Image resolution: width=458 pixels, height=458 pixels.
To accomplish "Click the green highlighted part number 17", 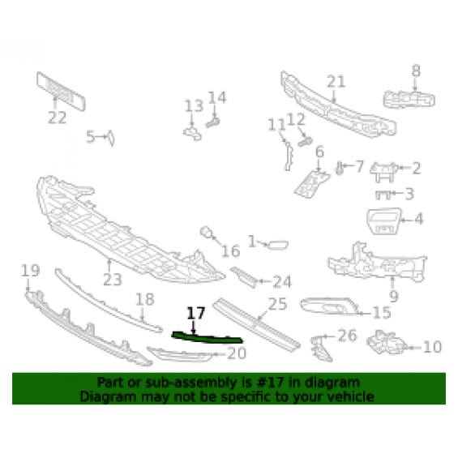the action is click(x=207, y=338).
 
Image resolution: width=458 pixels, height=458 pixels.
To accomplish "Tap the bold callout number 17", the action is click(x=195, y=314).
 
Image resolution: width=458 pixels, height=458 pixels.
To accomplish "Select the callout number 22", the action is click(x=57, y=118).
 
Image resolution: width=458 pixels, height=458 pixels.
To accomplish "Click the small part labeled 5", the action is click(x=111, y=138).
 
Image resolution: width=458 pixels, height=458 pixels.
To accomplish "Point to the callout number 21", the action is click(x=336, y=82).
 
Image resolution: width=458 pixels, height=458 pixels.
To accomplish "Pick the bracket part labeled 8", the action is click(x=409, y=100).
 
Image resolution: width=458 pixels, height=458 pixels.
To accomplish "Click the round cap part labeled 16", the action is click(x=207, y=232).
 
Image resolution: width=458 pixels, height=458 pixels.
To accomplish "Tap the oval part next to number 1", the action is click(x=278, y=245).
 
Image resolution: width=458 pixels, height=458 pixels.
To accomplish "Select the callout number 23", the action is click(x=112, y=280).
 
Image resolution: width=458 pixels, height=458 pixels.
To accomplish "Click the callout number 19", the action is click(x=30, y=270).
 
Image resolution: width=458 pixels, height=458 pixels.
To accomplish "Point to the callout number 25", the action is click(x=277, y=304).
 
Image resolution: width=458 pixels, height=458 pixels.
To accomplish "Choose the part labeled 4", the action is click(x=383, y=221).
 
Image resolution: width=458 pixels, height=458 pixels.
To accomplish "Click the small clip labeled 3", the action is click(x=383, y=195).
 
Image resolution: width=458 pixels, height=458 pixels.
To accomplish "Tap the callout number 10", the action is click(x=432, y=347).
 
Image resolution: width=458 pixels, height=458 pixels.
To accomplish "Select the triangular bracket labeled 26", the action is click(x=320, y=349).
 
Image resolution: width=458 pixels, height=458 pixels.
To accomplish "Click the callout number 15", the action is click(x=382, y=313).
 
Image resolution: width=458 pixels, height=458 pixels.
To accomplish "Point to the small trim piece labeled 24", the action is click(x=244, y=276).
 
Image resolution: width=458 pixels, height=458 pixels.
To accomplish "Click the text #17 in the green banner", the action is click(x=270, y=382).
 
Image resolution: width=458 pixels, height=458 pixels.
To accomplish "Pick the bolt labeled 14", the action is click(x=212, y=122).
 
